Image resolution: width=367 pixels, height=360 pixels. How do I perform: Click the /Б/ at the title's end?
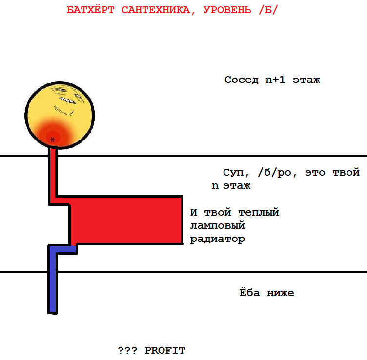[x=267, y=11]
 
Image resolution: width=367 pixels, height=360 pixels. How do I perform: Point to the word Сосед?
[x=242, y=80]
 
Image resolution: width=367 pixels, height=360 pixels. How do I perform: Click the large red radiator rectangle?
[x=127, y=220]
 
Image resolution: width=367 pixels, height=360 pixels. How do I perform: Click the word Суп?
[x=233, y=173]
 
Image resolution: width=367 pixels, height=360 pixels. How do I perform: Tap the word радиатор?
[x=217, y=240]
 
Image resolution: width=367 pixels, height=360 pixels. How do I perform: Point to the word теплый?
[x=259, y=213]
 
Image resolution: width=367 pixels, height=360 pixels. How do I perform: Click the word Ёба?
[x=249, y=293]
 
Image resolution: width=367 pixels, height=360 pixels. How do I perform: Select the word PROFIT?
[x=165, y=350]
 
